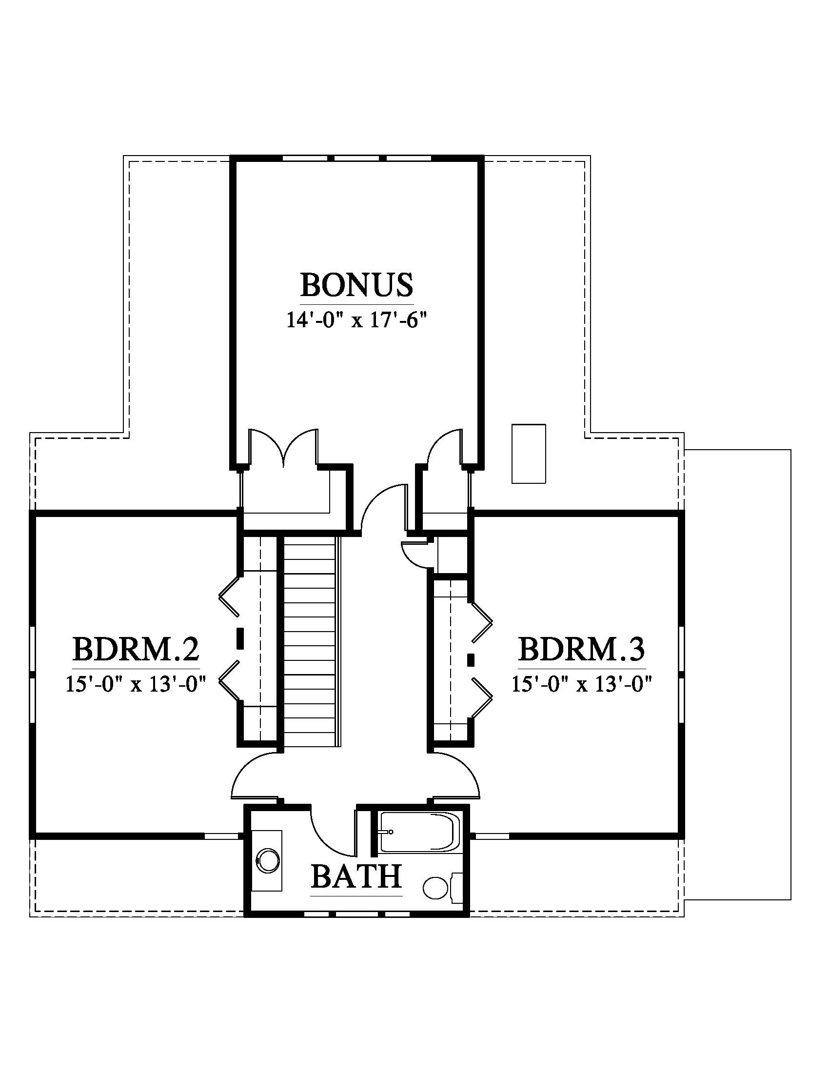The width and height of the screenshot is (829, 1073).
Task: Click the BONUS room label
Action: [356, 284]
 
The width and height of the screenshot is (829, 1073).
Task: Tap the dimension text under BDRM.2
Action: [136, 684]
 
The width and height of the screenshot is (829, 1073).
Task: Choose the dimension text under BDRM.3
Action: [582, 684]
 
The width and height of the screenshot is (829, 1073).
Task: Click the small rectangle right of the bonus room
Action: [529, 454]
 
